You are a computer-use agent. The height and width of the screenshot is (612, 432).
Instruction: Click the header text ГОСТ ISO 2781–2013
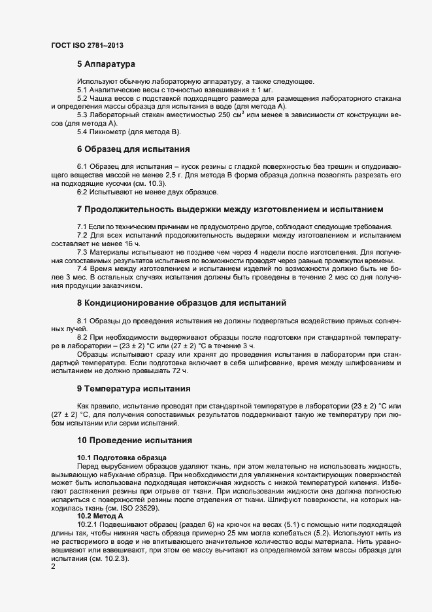tap(87, 45)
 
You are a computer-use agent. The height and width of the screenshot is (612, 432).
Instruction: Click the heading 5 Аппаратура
tap(106, 65)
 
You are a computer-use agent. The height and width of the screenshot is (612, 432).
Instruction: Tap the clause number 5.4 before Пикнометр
tap(83, 132)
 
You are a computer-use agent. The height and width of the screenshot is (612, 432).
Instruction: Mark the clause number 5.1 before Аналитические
tap(83, 90)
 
